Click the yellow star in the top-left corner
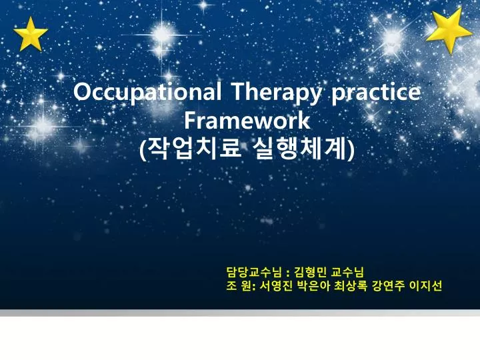click(31, 35)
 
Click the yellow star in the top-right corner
click(449, 31)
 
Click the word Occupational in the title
click(147, 92)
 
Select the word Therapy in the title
click(277, 92)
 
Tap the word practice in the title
click(376, 92)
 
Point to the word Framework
click(247, 120)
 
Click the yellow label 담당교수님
click(254, 271)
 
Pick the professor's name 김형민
click(310, 271)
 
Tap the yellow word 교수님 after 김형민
click(348, 271)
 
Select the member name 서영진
click(276, 286)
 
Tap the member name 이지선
click(425, 286)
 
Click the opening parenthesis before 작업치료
click(143, 149)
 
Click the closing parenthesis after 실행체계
click(351, 149)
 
